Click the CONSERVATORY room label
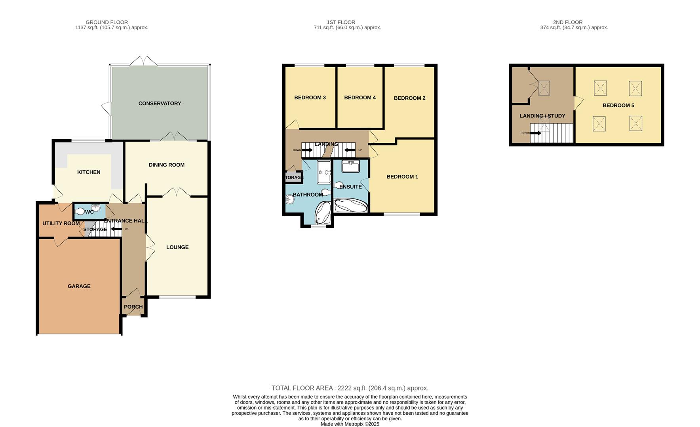tap(160, 104)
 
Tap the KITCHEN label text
tap(89, 172)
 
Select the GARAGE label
tap(79, 286)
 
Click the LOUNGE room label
tap(177, 248)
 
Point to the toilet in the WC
tap(80, 212)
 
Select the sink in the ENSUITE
tap(350, 166)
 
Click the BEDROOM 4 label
tap(360, 98)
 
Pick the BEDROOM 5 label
tap(618, 106)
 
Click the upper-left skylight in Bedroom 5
tap(600, 88)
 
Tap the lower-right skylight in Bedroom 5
tap(635, 123)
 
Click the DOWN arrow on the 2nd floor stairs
tap(535, 133)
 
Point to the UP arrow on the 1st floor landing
tap(350, 150)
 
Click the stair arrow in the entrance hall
tap(116, 229)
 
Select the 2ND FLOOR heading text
tap(567, 22)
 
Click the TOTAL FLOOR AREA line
tap(350, 388)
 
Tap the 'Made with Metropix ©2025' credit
tap(350, 424)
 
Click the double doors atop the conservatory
tap(143, 61)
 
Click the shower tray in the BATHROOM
tap(324, 172)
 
